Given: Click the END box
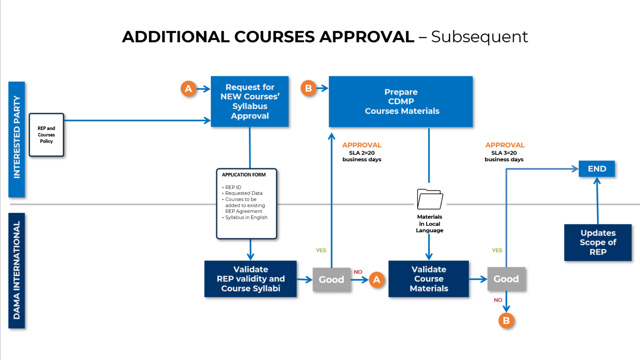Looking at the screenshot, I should coord(597,169).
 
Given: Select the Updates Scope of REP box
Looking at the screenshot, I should coord(597,242).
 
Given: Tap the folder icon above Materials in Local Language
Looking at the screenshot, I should coord(430,199).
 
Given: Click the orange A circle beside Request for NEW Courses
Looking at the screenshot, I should coord(188,88).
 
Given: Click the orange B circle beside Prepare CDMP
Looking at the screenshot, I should coord(308,88).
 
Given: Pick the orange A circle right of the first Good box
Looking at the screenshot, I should coord(377,280).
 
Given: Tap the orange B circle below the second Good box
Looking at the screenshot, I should coord(506,320).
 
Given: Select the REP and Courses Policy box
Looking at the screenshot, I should coord(46,135).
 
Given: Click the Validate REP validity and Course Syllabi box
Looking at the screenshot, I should coord(250,279).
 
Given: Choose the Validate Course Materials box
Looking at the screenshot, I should coord(428,279).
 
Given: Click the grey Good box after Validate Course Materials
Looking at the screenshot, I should coord(506,279).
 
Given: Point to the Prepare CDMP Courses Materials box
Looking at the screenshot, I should coord(401,102).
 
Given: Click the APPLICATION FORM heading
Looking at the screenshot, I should coord(244,175).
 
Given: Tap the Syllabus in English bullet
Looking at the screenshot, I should coord(246,217).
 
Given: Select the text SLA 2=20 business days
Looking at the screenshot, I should coord(362,156).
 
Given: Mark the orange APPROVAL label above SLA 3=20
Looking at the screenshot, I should coord(505,145).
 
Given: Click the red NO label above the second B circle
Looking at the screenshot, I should coord(498,300).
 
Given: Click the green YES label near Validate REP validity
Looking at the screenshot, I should coord(321,250).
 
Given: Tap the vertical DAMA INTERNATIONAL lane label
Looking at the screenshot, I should coord(17,270).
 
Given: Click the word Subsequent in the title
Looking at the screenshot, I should coord(479,37).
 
